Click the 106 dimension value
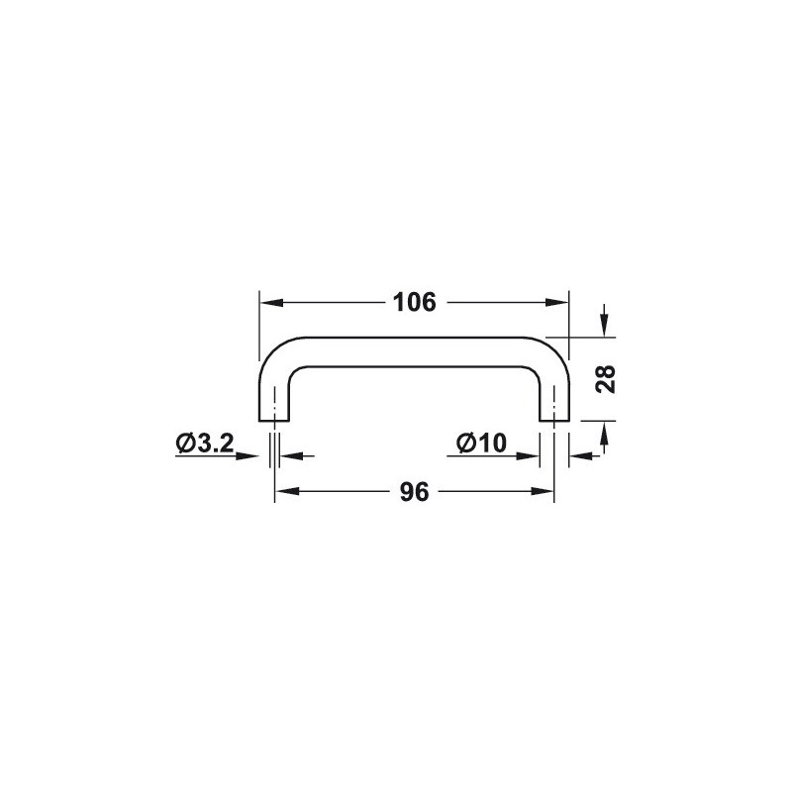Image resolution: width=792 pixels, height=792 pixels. click(x=414, y=303)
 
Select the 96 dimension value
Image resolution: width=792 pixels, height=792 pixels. click(x=414, y=492)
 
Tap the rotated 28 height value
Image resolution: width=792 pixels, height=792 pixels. click(x=606, y=379)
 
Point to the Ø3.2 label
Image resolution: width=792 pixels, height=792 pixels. click(x=205, y=444)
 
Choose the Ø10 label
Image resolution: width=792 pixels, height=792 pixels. click(x=481, y=444)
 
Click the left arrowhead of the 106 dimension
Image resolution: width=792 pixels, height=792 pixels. click(x=270, y=303)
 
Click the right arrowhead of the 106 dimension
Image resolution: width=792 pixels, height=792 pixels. click(x=557, y=303)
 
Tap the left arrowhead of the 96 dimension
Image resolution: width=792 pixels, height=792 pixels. click(x=286, y=491)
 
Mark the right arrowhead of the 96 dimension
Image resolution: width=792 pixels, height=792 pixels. click(x=543, y=491)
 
